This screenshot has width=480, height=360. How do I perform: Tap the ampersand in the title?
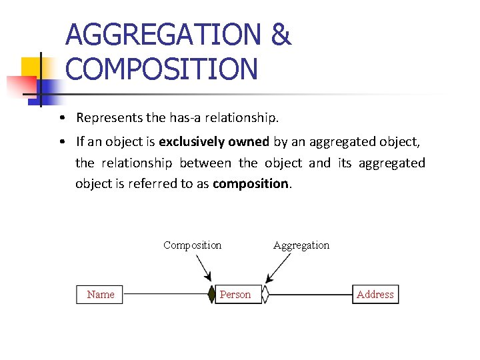pos(281,35)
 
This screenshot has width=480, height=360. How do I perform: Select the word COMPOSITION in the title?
pos(162,69)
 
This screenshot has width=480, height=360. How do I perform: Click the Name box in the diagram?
pos(101,295)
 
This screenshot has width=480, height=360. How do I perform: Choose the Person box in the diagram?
pos(235,295)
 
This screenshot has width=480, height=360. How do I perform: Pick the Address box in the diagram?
pos(375,295)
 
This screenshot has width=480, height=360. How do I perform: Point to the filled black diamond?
pos(212,294)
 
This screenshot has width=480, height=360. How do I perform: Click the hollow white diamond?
pos(265,295)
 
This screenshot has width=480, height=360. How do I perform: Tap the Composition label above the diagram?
pos(192,245)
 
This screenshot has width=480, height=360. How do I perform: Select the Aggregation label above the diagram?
pos(301,245)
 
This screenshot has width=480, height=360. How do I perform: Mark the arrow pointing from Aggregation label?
pos(279,268)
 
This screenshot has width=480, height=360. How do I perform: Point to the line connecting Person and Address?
pos(310,295)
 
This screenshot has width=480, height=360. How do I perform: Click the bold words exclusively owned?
pos(213,141)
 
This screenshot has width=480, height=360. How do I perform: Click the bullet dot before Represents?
pos(61,119)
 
